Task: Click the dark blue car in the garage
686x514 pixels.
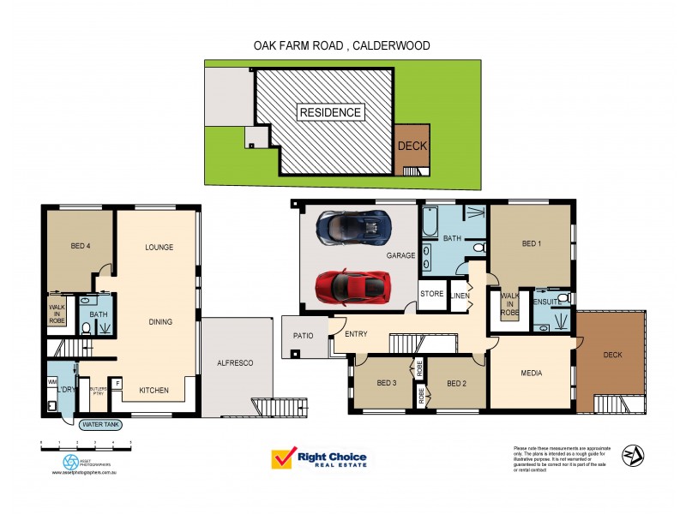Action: click(352, 227)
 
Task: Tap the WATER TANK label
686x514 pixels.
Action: click(100, 424)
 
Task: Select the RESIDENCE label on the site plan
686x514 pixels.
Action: click(329, 112)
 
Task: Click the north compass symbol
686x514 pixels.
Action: click(633, 454)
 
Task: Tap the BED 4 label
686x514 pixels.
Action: click(81, 248)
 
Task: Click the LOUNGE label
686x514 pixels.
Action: click(159, 248)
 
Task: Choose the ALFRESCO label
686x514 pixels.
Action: click(237, 363)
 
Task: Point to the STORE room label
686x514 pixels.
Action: click(431, 294)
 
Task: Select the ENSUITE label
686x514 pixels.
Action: click(547, 302)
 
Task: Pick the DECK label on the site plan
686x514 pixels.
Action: click(412, 146)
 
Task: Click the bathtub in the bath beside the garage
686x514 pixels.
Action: click(429, 224)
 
